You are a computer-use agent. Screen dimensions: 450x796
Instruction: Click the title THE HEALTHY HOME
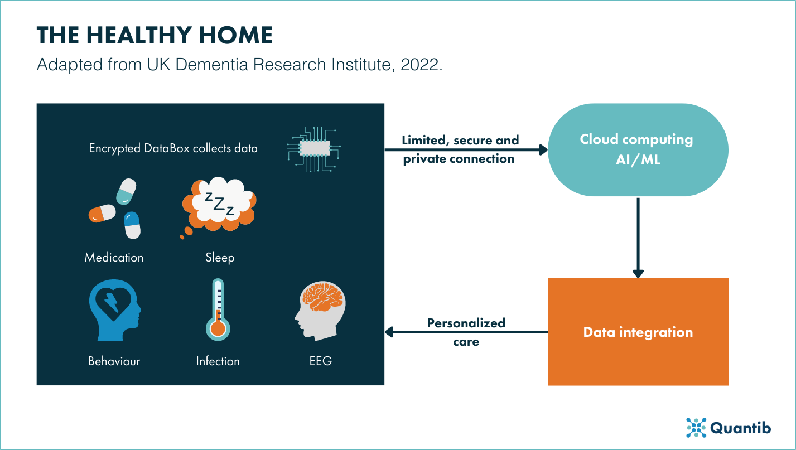155,36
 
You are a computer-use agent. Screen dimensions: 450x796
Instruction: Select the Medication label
114,258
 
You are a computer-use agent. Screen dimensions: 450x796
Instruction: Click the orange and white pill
102,212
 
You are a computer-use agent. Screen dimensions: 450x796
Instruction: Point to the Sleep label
219,258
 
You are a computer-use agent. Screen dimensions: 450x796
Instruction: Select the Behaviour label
114,361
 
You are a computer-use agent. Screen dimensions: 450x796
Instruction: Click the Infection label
218,361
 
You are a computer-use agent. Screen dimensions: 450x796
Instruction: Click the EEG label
320,361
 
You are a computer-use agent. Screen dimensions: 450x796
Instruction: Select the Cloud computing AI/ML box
637,149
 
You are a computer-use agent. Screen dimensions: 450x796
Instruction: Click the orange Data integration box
638,332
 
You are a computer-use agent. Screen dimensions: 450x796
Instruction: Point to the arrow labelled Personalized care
466,332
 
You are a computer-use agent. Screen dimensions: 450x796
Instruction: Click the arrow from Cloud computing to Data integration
638,237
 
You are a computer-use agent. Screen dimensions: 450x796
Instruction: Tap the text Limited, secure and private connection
461,149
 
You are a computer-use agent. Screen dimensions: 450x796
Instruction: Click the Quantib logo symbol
696,427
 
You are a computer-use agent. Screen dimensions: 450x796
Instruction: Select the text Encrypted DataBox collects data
173,149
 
